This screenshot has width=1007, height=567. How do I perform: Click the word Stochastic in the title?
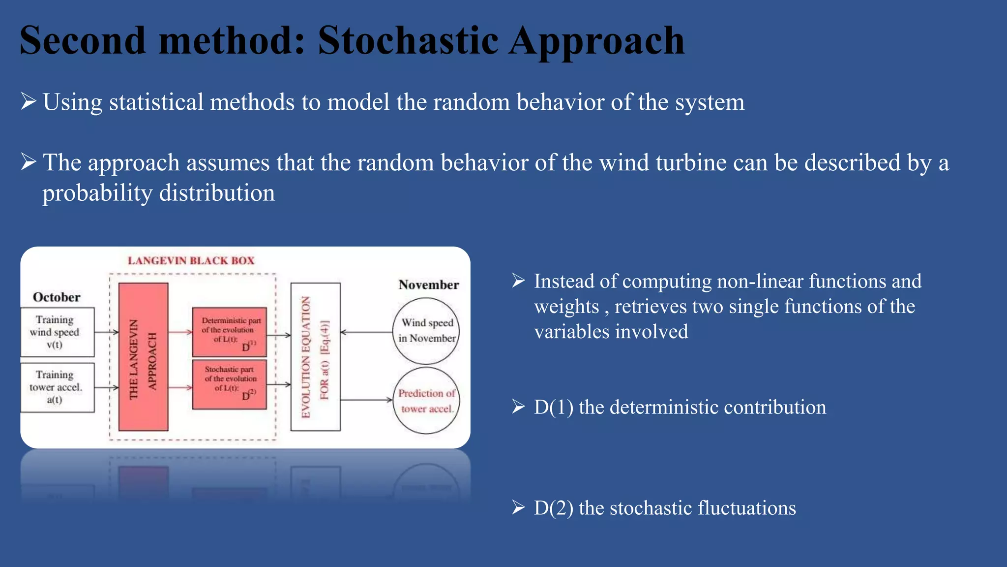coord(408,40)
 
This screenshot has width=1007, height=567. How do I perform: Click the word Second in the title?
coord(83,40)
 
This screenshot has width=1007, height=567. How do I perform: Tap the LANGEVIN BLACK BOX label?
coord(191,261)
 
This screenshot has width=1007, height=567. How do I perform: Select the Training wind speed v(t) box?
coord(57,332)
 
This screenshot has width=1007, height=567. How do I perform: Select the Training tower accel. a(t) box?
coord(57,387)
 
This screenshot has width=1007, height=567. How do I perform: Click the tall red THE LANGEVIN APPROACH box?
coord(143,357)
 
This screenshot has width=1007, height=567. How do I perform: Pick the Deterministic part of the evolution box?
coord(229,332)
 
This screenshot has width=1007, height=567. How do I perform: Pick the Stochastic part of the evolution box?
coord(229,385)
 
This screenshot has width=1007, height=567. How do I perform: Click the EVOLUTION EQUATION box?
coord(315,357)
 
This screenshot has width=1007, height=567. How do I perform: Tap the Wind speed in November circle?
coord(426,331)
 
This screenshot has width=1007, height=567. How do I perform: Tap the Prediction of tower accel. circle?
coord(426,401)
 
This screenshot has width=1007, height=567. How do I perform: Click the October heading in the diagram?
coord(57,297)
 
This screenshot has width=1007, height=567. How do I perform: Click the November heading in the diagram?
coord(428,285)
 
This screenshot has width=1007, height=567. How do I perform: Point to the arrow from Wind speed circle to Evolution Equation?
coord(366,332)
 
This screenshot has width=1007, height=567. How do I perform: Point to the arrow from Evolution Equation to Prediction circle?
coord(366,400)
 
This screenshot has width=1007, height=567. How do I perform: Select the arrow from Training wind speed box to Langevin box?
coord(106,332)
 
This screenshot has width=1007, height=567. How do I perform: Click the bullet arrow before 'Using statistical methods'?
coord(29,101)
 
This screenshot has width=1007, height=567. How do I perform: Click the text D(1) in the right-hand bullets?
coord(553,408)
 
